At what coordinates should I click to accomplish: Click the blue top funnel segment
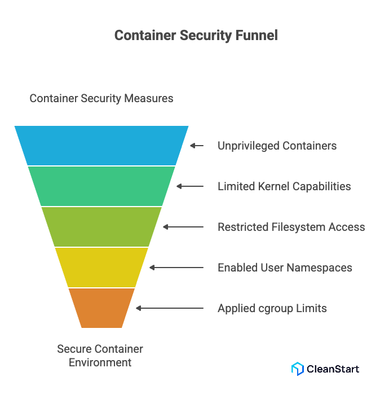click(x=101, y=145)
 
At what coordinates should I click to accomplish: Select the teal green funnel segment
click(x=101, y=186)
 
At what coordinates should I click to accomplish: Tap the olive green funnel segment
click(x=101, y=226)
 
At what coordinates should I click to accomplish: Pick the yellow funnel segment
click(x=101, y=267)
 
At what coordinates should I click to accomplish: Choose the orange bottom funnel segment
click(x=101, y=308)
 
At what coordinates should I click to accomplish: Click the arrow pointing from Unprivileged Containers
click(x=196, y=146)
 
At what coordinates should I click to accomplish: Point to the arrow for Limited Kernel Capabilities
click(x=189, y=186)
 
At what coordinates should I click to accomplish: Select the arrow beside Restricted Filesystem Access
click(x=183, y=227)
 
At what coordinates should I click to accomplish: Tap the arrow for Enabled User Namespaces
click(x=176, y=268)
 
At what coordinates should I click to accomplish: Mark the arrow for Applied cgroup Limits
click(x=169, y=308)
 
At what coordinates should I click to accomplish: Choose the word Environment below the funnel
click(x=100, y=362)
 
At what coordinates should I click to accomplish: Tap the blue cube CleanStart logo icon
click(x=297, y=369)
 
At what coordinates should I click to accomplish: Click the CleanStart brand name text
click(x=333, y=369)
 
